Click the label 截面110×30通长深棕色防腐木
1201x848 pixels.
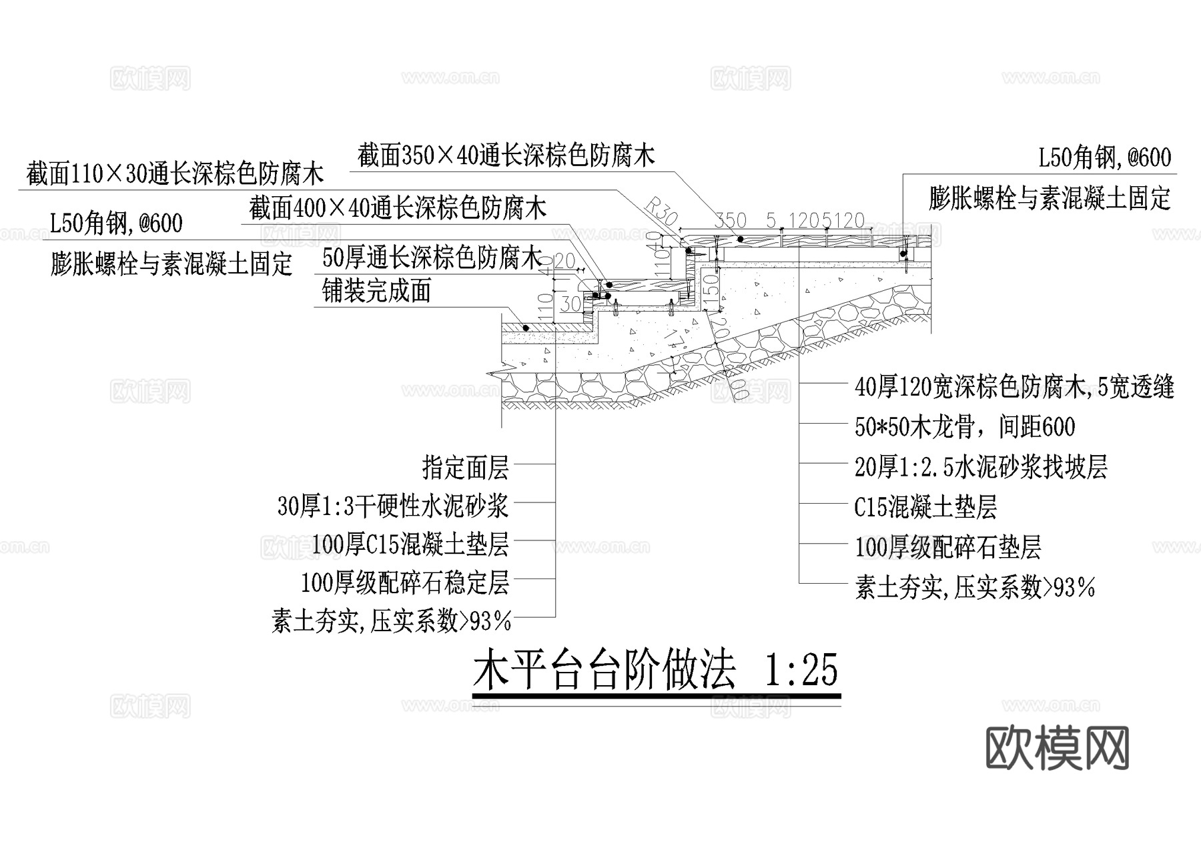[175, 174]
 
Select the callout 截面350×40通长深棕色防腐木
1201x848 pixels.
[506, 155]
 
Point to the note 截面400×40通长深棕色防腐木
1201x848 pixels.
[398, 208]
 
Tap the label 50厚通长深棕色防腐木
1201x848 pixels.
[431, 258]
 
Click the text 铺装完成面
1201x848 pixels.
[376, 291]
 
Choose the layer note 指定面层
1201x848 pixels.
[465, 468]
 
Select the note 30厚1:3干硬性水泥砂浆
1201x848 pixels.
[393, 506]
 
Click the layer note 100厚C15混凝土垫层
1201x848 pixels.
[410, 544]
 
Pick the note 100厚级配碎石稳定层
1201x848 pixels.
[405, 582]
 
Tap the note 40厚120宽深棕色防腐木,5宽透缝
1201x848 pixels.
[1014, 387]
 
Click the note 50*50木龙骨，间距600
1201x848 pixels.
[965, 427]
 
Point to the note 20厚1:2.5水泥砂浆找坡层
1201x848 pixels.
[981, 467]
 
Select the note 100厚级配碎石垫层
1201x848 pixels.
[947, 548]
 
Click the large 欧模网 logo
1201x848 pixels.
[1057, 748]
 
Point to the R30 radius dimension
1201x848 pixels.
[662, 211]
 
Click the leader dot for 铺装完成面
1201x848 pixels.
[526, 328]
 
